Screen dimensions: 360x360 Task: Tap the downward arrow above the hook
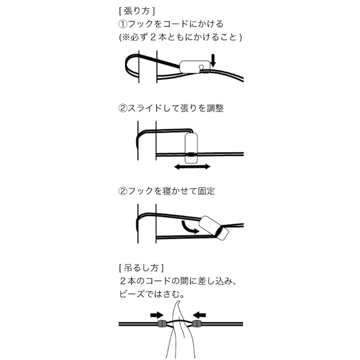click(213, 59)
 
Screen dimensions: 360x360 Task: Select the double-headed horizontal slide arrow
click(192, 166)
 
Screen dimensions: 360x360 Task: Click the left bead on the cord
click(162, 323)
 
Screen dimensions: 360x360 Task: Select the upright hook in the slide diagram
click(191, 147)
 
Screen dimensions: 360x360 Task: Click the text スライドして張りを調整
click(172, 109)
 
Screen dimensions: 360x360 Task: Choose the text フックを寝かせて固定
click(167, 191)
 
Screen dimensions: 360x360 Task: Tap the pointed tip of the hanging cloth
click(176, 302)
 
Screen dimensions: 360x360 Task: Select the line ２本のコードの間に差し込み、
click(178, 281)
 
